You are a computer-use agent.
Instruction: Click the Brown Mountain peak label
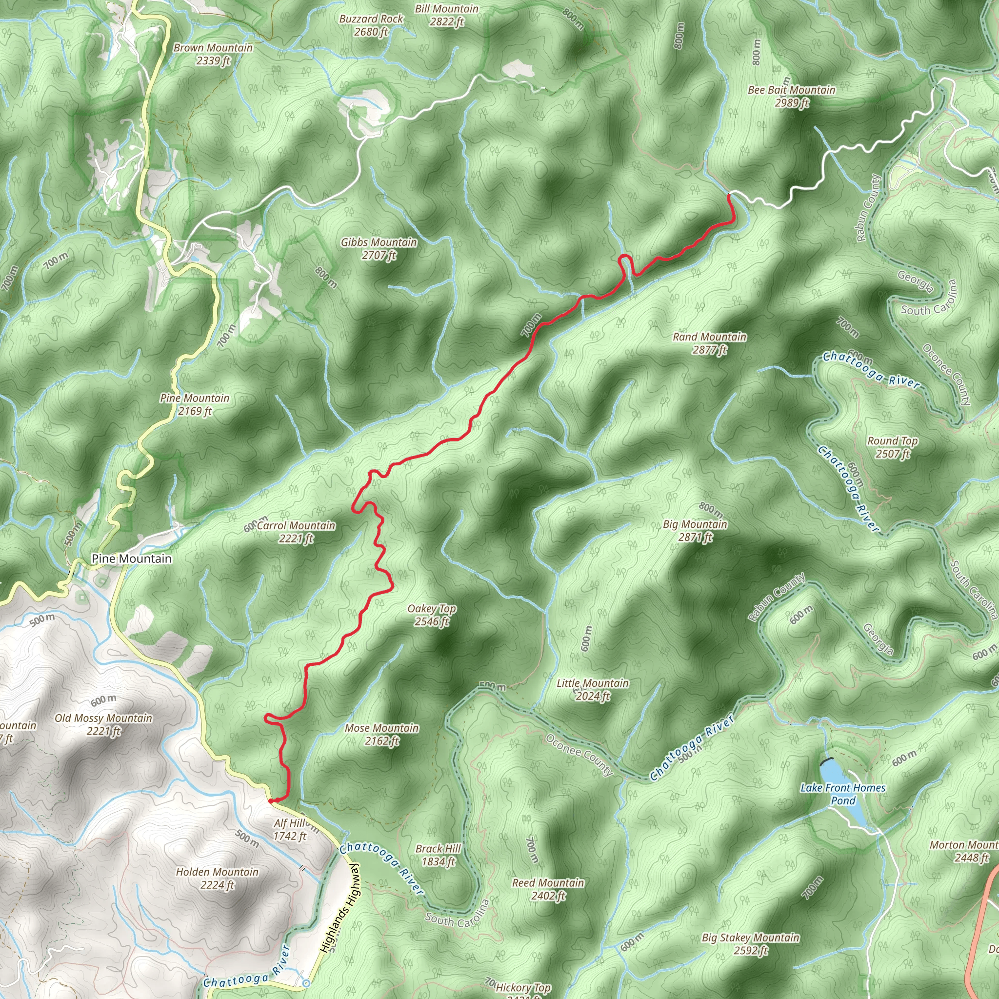pos(213,54)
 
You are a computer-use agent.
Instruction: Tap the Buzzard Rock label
pos(371,25)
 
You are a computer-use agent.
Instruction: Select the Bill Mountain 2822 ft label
pos(447,15)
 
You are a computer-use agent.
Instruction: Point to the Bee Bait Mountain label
pos(791,96)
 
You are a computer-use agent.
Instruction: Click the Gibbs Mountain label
pos(379,248)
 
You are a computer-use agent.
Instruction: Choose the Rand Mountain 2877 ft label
pos(709,343)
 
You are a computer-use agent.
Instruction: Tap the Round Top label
pos(893,447)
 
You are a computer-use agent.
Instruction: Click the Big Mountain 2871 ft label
pos(695,531)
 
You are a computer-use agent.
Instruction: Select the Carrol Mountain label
pos(296,532)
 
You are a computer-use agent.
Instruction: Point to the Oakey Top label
pos(431,615)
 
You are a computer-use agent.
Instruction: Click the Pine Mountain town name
pos(131,559)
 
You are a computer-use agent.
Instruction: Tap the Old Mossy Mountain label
pos(103,724)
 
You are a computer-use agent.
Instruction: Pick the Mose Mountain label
pos(381,734)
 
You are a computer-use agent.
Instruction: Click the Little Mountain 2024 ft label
pos(593,689)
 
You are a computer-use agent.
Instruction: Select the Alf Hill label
pos(290,829)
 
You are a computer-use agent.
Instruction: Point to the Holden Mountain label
pos(217,878)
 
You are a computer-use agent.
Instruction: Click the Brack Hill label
pos(438,855)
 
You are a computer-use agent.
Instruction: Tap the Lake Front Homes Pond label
pos(843,794)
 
